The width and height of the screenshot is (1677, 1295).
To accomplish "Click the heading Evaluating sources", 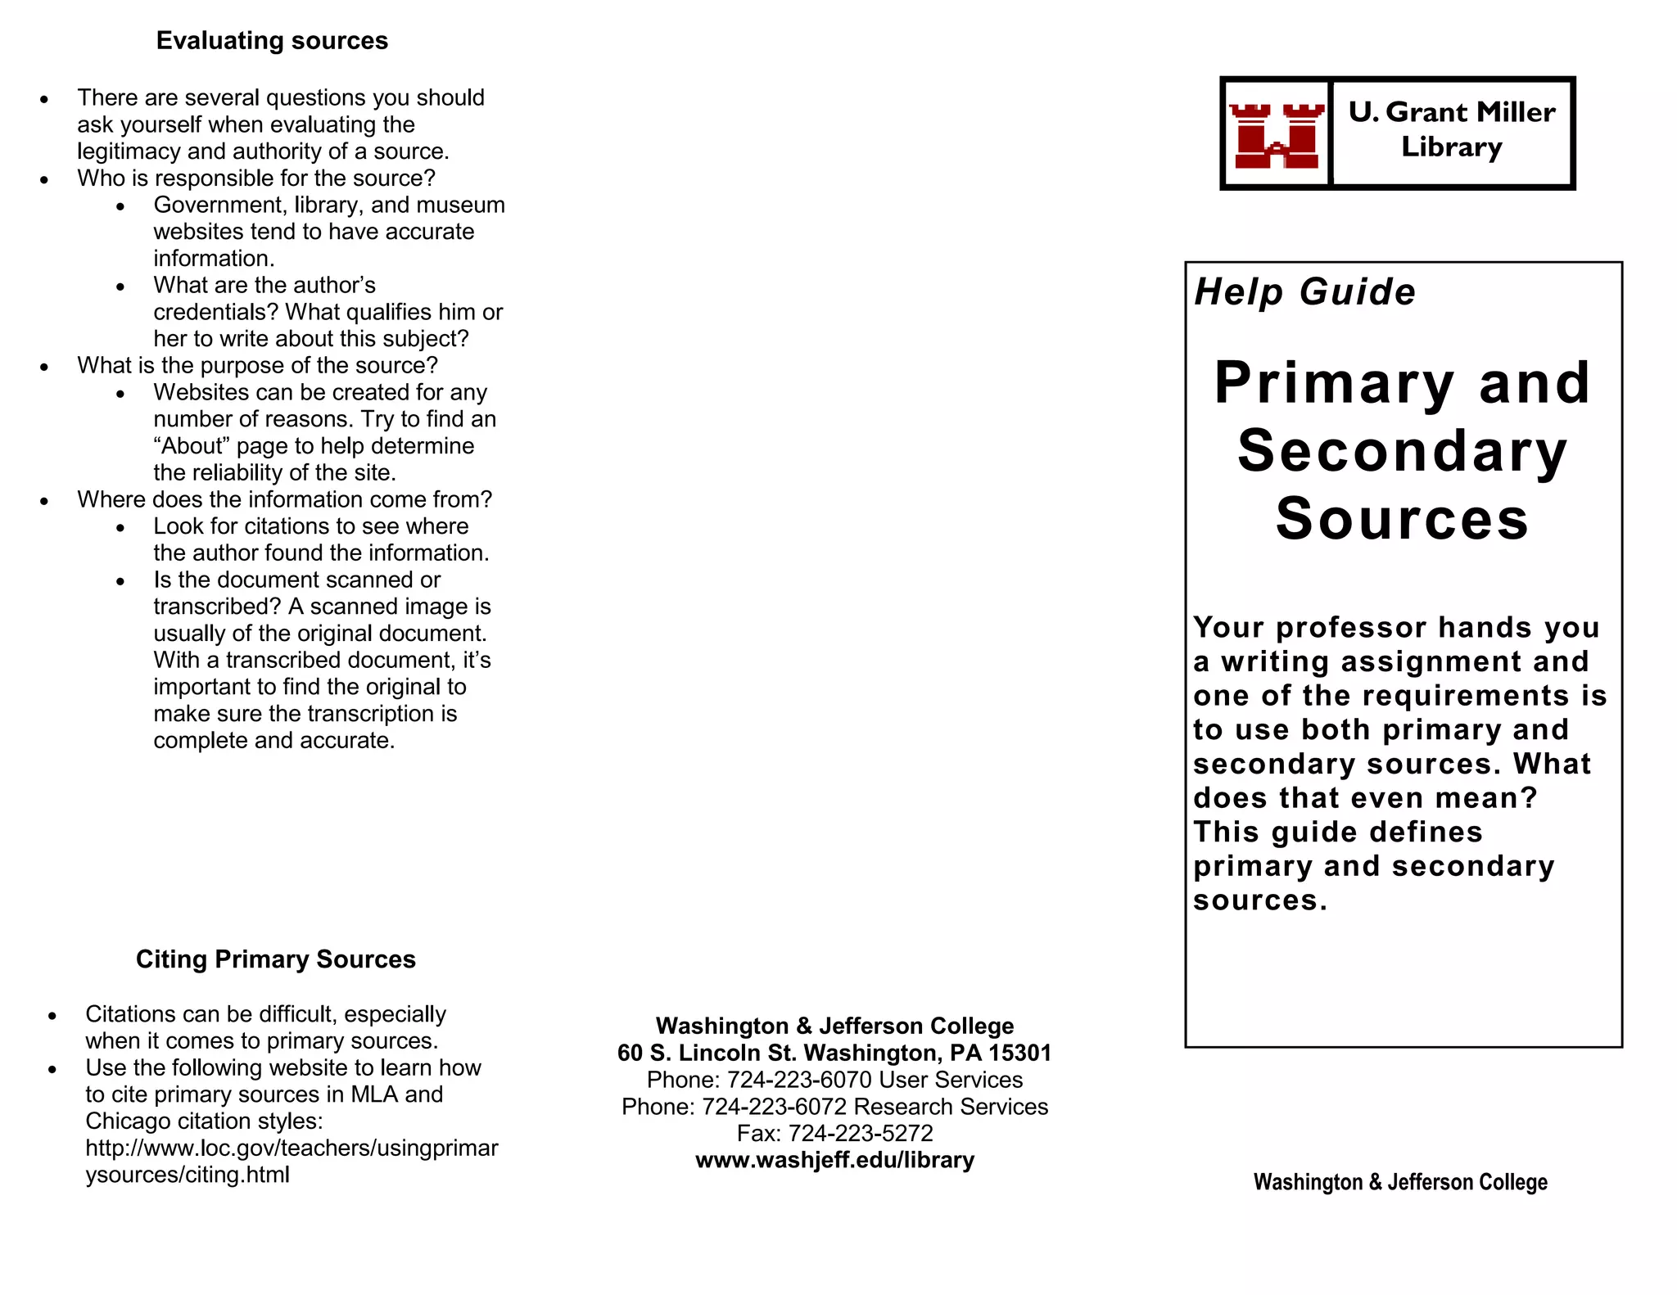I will coord(272,41).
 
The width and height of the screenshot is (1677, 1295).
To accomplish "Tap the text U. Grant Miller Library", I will coord(1452,129).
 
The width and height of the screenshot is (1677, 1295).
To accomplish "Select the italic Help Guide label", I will coord(1304,292).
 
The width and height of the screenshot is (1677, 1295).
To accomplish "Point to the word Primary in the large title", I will coord(1334,383).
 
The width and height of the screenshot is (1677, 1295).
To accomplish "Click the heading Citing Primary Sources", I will coord(275,959).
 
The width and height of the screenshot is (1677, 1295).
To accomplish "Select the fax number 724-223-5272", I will coord(860,1134).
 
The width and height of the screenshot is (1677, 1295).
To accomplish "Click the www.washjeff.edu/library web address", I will coord(834,1160).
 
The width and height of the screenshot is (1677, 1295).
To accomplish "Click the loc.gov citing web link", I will coord(291,1161).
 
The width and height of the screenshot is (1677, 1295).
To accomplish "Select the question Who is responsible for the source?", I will coord(256,178).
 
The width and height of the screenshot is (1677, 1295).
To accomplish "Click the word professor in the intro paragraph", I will coord(1351,628).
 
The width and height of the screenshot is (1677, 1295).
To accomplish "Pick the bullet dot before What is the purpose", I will coord(44,368).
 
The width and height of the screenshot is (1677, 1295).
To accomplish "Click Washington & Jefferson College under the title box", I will coord(1400,1182).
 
